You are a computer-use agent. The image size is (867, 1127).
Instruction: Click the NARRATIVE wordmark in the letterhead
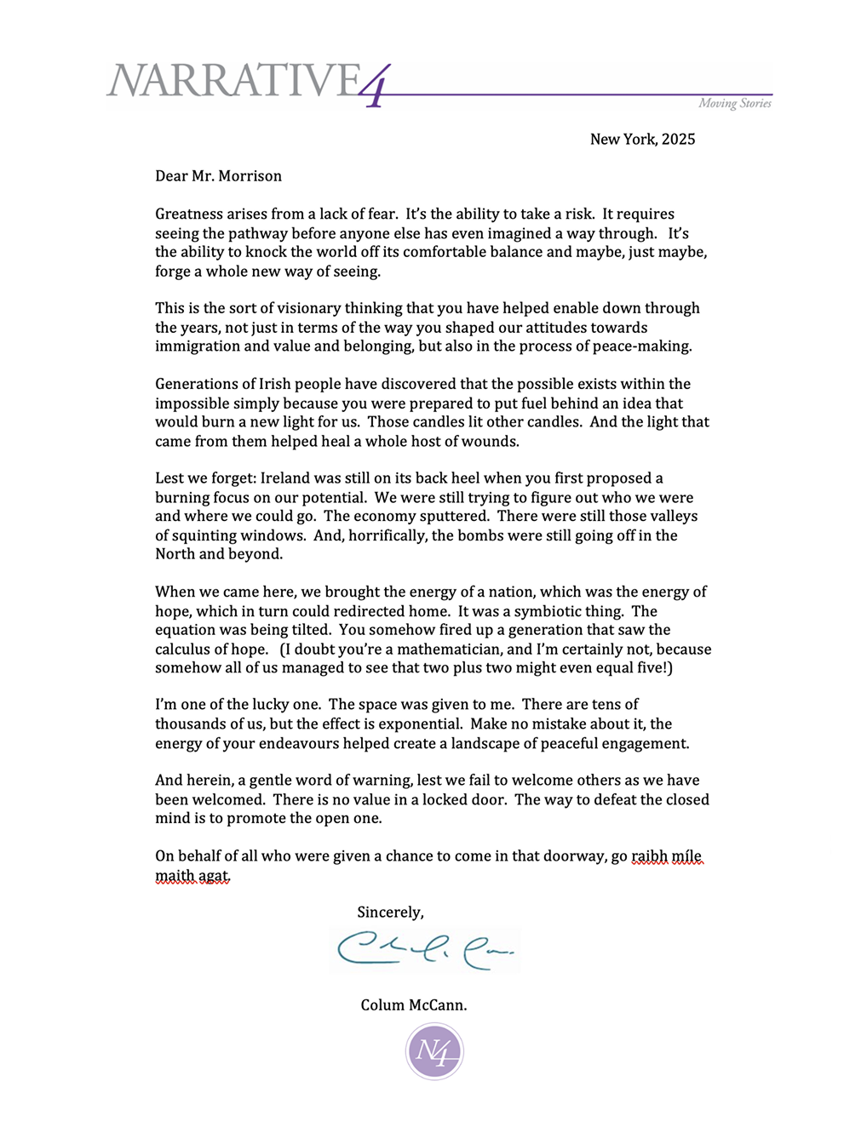(x=234, y=81)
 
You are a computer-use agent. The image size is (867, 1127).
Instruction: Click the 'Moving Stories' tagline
(x=734, y=103)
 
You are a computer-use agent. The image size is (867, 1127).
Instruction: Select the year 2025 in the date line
(x=678, y=139)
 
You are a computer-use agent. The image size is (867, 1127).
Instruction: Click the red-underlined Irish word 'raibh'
(x=649, y=856)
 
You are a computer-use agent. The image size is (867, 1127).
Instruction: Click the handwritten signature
(x=425, y=949)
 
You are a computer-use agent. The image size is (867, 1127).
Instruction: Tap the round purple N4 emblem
(x=434, y=1051)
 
